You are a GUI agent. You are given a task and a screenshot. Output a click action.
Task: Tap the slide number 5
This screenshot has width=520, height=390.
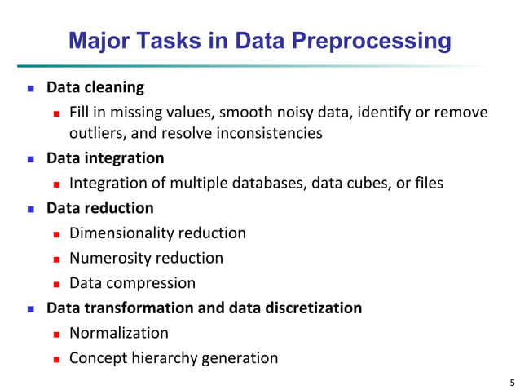click(511, 381)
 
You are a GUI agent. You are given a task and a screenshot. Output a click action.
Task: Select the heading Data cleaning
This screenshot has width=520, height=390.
click(95, 86)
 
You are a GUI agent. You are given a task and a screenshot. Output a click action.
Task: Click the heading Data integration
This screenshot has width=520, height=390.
click(105, 157)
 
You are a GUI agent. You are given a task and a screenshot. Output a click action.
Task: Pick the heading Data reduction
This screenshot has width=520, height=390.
click(100, 208)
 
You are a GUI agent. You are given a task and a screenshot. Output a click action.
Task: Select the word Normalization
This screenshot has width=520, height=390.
click(119, 333)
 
